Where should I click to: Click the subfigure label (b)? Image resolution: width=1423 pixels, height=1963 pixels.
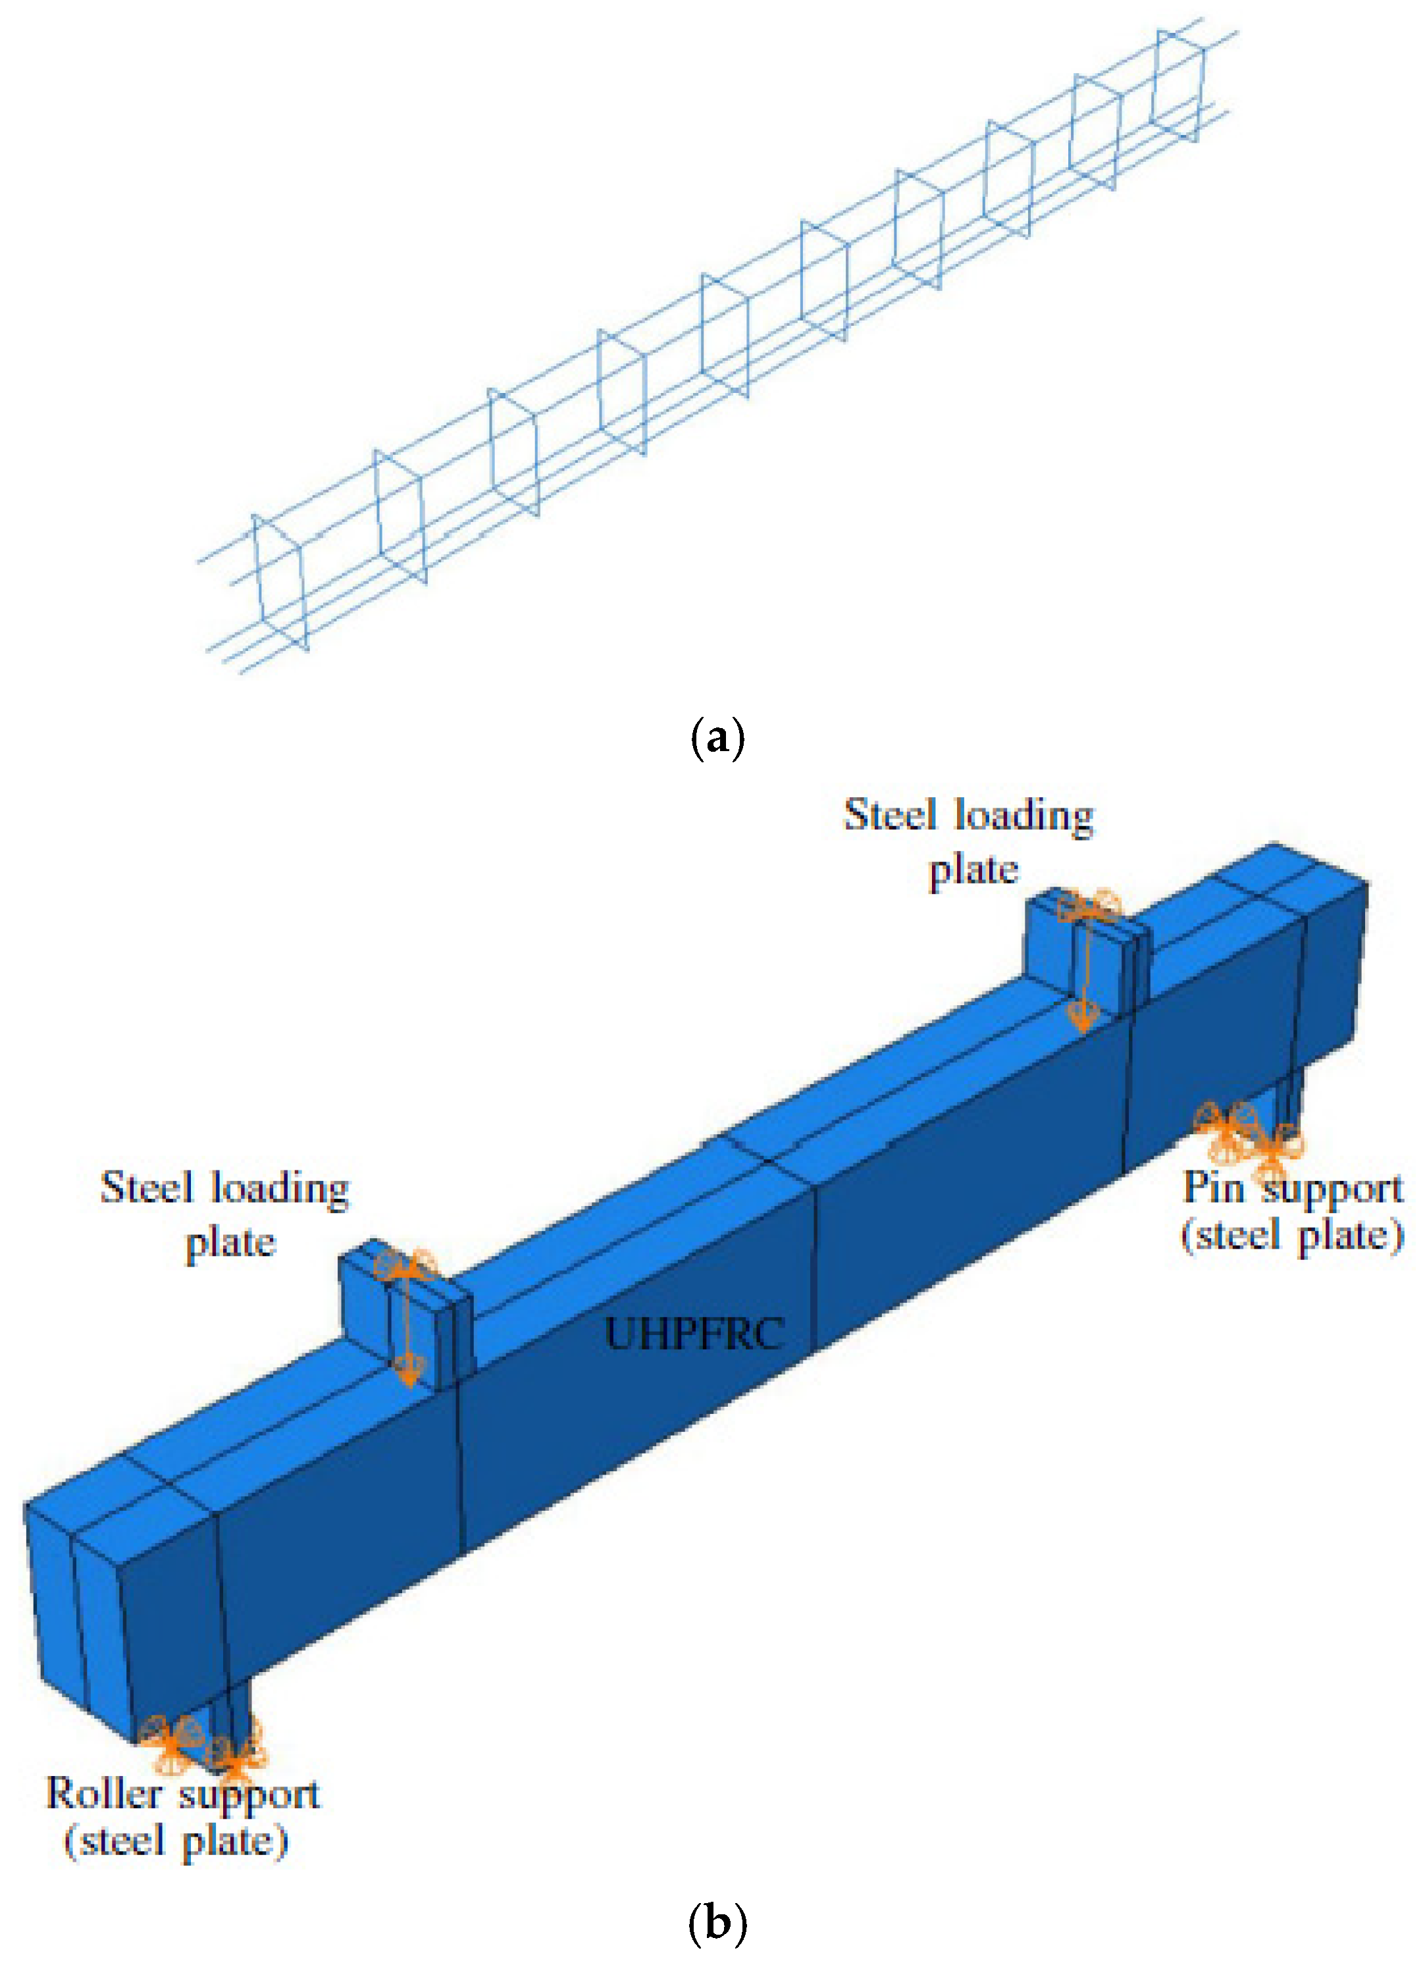click(x=717, y=1924)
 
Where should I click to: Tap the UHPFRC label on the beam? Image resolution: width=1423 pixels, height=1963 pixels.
click(x=694, y=1334)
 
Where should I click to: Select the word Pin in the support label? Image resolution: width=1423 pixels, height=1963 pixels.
click(x=1212, y=1188)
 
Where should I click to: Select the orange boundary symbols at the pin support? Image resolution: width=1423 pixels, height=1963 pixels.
click(x=1247, y=1133)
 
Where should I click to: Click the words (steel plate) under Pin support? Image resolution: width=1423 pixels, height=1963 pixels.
click(x=1291, y=1234)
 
